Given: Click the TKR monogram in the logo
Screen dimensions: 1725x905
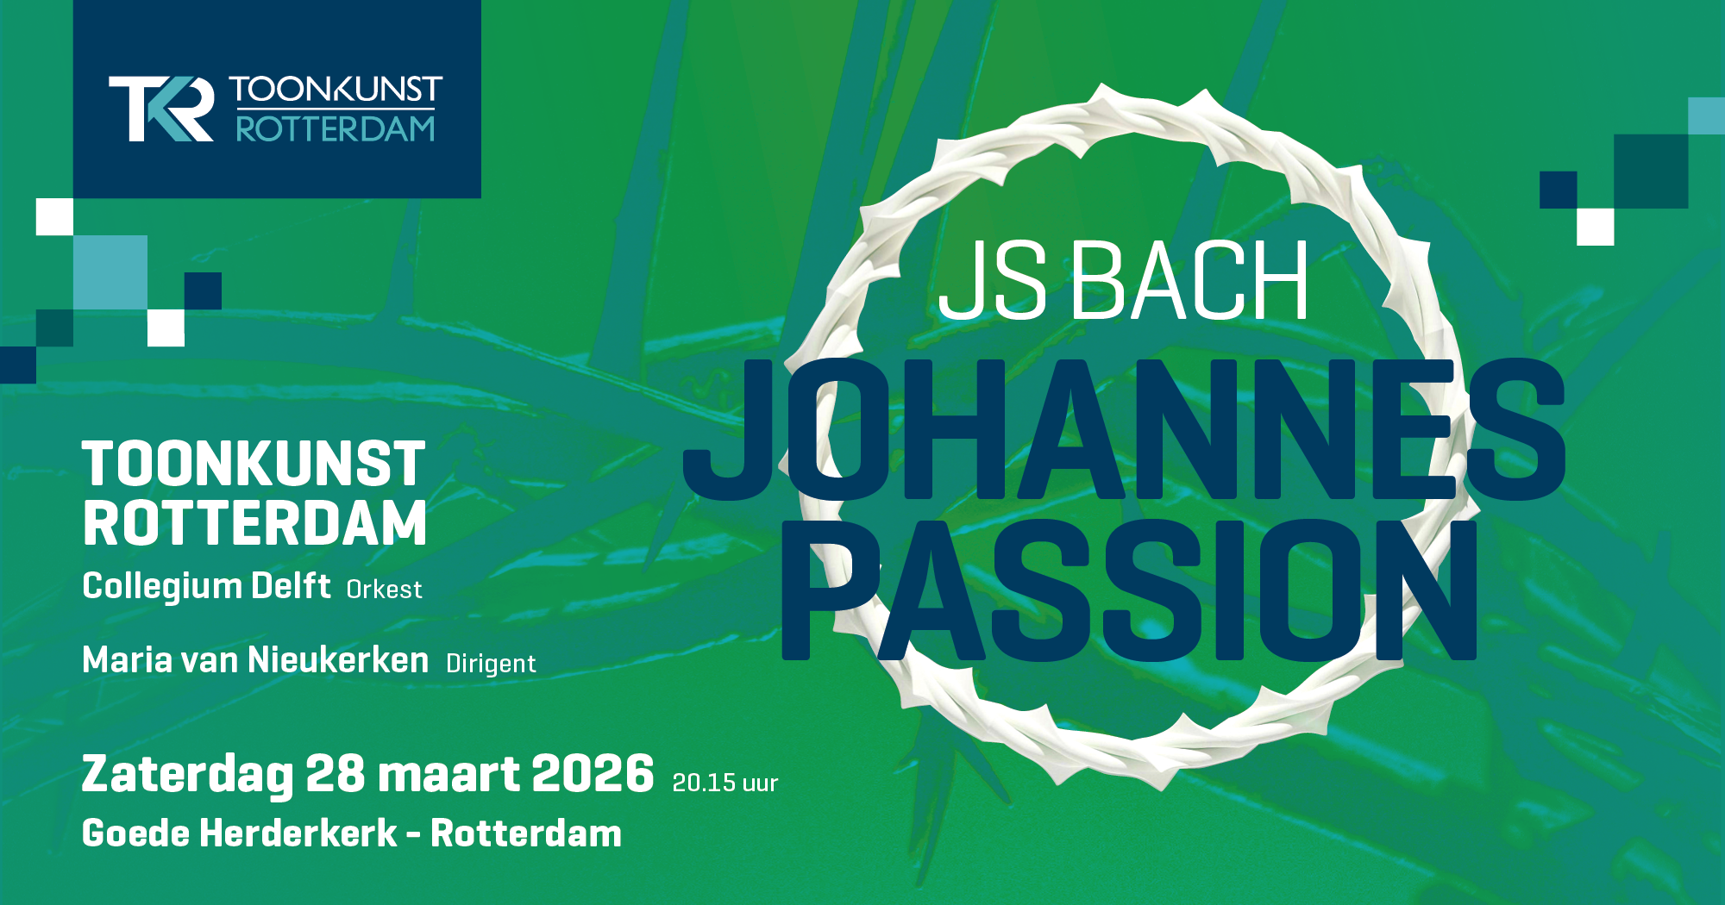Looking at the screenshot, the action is (161, 109).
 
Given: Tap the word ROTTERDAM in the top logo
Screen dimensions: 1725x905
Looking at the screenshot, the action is (336, 128).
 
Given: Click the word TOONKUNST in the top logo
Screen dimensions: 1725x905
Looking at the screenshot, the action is (336, 90).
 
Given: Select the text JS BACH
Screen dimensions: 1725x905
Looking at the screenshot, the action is (1123, 280).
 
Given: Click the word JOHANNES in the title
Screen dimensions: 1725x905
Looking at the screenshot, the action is (1124, 429).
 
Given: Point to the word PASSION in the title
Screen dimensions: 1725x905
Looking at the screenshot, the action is (1129, 590).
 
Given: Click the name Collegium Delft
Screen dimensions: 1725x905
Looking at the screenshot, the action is (206, 587).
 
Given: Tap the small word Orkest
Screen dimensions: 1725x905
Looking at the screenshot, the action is (385, 590).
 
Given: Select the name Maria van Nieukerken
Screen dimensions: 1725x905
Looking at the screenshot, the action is (255, 660).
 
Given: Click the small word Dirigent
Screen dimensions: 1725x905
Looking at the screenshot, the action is (491, 664).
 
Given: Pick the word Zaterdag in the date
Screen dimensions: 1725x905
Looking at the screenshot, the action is (187, 774).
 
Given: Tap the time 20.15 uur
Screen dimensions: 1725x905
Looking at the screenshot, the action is (725, 783).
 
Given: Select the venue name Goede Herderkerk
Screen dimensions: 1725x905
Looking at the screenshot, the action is (240, 833).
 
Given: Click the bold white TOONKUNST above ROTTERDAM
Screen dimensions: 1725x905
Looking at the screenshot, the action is (254, 465).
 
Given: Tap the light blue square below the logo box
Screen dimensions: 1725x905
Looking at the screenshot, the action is (110, 272).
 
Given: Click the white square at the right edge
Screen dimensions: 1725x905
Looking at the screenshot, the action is (1595, 227).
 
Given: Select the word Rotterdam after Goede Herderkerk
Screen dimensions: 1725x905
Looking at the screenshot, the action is (526, 833).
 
